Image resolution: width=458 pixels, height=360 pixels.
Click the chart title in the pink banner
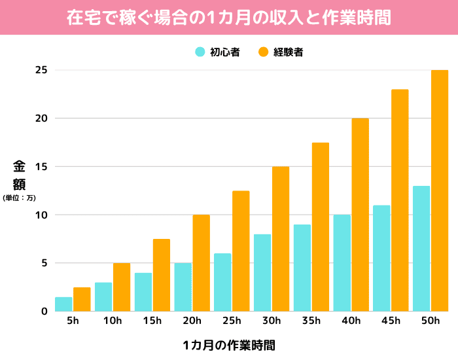tap(229, 18)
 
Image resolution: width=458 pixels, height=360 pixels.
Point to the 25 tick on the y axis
tap(42, 70)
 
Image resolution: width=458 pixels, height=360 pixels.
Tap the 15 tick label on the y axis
tap(42, 167)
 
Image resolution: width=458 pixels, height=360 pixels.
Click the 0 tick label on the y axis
tap(44, 312)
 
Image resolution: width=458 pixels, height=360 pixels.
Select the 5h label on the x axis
tap(73, 321)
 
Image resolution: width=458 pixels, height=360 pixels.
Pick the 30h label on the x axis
tap(272, 321)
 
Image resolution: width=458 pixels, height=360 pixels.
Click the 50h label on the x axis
tap(431, 321)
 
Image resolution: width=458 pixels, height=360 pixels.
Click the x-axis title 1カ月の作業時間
tap(229, 345)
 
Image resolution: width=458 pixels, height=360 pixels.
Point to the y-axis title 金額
tap(19, 175)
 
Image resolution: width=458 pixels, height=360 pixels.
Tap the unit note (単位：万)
tap(19, 197)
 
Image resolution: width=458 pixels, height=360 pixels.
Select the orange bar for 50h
tap(439, 190)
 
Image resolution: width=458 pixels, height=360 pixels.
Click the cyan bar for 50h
tap(421, 249)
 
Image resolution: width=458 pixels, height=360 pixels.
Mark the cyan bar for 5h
tap(63, 304)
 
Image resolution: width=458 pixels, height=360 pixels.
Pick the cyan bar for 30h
tap(262, 273)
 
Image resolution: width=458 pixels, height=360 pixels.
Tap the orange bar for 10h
tap(122, 287)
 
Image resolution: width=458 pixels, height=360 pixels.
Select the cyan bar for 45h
tap(381, 259)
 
